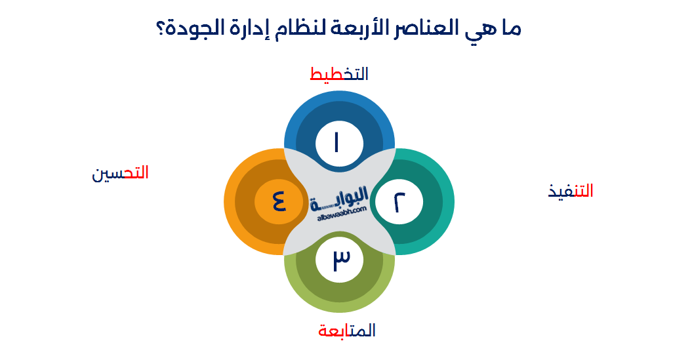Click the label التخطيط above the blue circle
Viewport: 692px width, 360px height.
pyautogui.click(x=338, y=74)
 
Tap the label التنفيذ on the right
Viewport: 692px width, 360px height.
pyautogui.click(x=571, y=191)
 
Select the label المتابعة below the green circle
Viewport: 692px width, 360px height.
pyautogui.click(x=347, y=330)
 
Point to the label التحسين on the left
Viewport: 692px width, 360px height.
pyautogui.click(x=120, y=173)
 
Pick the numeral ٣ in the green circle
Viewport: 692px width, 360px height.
pyautogui.click(x=338, y=259)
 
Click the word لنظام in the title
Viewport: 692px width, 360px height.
pyautogui.click(x=302, y=30)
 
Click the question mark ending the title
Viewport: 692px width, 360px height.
pyautogui.click(x=161, y=30)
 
